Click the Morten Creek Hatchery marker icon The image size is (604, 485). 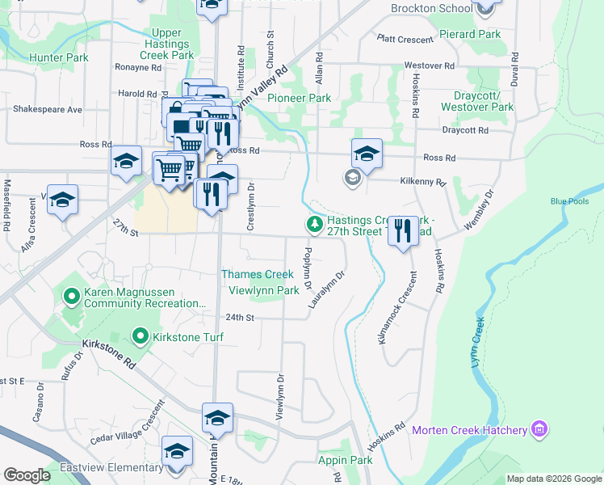click(x=539, y=429)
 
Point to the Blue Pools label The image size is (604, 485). click(x=569, y=201)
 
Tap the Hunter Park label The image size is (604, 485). click(x=58, y=58)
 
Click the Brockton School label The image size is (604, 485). click(x=430, y=8)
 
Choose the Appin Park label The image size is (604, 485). click(x=345, y=461)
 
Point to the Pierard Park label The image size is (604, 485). click(x=470, y=34)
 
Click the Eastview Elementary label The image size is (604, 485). click(x=111, y=468)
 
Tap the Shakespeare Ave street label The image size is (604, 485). click(x=47, y=109)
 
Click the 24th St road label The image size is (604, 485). click(x=240, y=318)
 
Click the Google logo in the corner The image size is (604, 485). click(x=26, y=475)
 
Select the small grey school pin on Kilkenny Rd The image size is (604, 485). click(x=351, y=178)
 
